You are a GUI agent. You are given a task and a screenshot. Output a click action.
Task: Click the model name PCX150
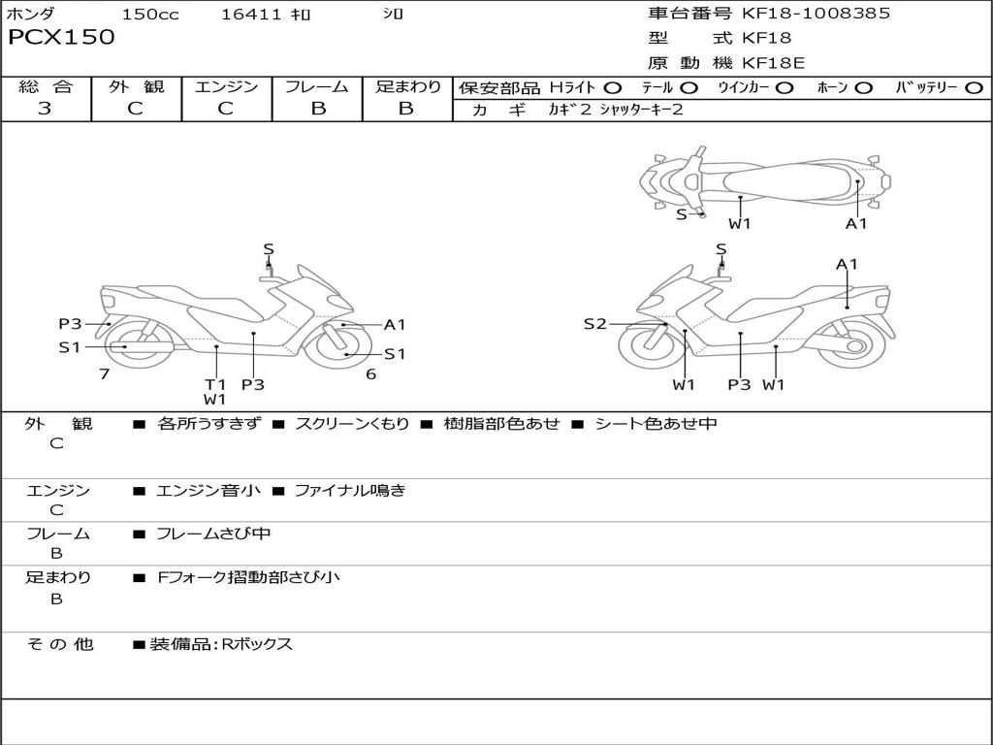61,37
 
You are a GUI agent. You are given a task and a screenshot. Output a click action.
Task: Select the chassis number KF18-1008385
816,14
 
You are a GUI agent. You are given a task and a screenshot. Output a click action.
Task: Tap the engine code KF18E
773,63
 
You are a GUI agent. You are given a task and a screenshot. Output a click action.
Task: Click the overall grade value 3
45,109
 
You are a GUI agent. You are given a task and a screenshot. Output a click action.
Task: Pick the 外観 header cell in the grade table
136,86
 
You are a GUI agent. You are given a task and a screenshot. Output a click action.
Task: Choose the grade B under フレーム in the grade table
318,109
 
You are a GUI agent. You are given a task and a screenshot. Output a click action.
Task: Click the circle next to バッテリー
974,88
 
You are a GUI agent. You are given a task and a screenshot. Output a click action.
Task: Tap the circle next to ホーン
863,88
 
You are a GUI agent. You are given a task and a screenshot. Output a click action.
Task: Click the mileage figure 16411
251,14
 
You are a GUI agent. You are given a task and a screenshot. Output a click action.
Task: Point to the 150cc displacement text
150,14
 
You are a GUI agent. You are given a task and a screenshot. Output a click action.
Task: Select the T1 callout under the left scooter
215,384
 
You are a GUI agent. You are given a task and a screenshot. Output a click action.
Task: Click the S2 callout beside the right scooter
594,324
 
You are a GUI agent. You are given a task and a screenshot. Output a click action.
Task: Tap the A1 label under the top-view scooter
856,224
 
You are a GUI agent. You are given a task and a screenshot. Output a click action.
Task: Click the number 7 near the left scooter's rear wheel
105,373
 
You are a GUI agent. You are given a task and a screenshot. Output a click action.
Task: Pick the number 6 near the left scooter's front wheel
371,373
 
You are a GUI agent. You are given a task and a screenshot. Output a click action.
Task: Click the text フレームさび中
213,534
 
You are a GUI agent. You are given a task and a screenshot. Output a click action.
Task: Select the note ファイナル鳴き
350,490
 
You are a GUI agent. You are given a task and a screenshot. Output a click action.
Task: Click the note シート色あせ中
656,423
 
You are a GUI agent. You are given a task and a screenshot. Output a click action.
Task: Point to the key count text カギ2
570,110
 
